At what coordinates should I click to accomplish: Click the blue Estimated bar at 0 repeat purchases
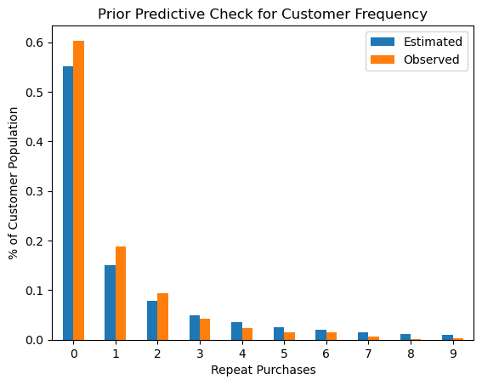68,203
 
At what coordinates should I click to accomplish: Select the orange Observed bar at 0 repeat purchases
79,190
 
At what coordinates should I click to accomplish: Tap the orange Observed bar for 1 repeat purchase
121,293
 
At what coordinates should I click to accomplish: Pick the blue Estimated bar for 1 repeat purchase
111,303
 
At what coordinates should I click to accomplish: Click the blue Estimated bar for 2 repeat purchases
152,320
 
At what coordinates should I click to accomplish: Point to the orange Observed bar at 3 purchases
205,330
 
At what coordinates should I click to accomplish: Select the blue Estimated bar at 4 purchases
237,331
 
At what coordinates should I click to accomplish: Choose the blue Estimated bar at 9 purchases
448,337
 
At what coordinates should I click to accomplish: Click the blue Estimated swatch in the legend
383,42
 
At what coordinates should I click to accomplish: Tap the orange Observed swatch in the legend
383,59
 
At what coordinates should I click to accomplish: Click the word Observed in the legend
432,59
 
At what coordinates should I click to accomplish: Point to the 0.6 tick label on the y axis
34,43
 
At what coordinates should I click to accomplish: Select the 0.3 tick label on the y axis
34,191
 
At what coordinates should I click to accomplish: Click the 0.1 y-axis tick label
34,291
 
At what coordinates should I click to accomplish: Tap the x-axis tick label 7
368,354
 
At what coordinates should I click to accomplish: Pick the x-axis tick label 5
284,354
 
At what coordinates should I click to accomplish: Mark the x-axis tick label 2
158,354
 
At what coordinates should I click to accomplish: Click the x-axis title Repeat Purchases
264,370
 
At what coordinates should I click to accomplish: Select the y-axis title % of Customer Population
14,184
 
